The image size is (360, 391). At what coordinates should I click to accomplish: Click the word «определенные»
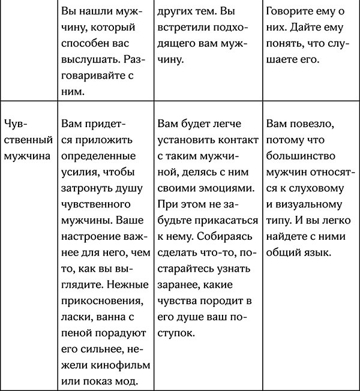point(97,156)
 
